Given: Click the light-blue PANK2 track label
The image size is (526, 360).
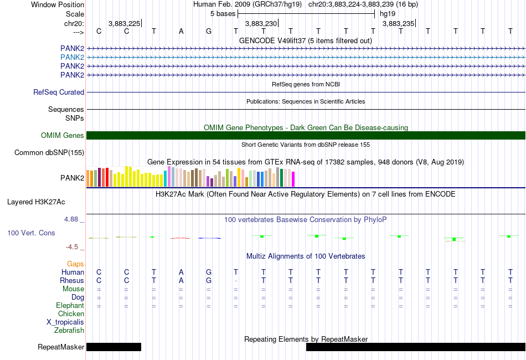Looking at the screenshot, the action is coord(72,58).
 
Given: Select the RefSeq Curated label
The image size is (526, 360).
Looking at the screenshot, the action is coord(59,92).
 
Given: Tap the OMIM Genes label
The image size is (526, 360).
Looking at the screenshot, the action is coord(63,136).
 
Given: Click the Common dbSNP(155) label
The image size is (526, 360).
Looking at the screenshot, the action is coord(49,153).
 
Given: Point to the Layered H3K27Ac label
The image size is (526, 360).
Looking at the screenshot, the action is coord(36,202).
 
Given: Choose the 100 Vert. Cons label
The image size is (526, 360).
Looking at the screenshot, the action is coord(31,233).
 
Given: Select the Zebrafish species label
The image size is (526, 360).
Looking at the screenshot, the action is coord(69,331).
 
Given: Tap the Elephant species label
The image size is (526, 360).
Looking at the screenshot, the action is coord(70,306).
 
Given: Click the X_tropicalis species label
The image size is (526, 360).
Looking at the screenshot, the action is coord(65,322).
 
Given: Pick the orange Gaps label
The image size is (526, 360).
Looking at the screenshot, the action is coord(75,264).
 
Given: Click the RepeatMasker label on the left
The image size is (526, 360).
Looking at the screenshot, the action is coord(61,347).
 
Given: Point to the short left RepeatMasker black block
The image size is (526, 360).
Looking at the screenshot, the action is coord(114,347).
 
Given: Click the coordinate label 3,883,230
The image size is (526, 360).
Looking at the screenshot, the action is coord(261,23).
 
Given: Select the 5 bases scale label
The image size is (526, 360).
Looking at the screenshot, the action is coord(223,14).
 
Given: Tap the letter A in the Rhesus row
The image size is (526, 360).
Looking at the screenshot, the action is coord(181,280).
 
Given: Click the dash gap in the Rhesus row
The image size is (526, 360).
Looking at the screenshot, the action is coord(236,281).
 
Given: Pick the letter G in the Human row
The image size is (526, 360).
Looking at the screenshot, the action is coord(209,272).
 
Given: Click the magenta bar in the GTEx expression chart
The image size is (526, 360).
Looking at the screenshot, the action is coord(293,179).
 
